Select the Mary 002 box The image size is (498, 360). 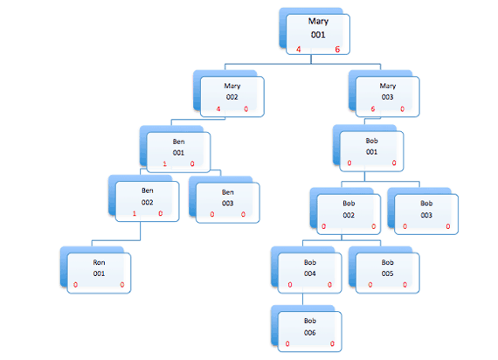[x=231, y=94]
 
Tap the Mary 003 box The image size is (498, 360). [x=386, y=94]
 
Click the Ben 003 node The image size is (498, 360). [x=227, y=198]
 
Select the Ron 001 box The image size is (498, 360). [x=99, y=270]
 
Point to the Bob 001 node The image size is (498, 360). [x=371, y=147]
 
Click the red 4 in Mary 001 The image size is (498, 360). [x=299, y=50]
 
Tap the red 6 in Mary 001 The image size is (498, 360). [x=337, y=50]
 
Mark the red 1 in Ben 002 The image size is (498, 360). [x=134, y=213]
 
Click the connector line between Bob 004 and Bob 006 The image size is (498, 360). [x=302, y=298]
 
